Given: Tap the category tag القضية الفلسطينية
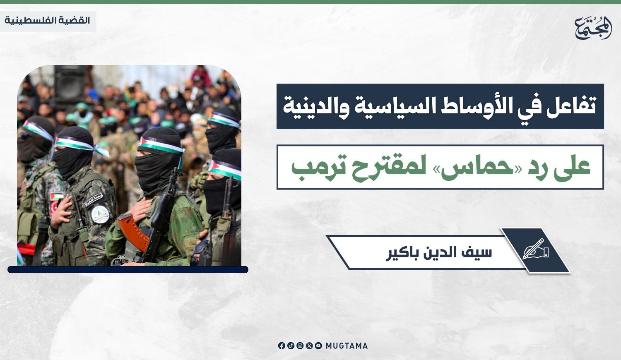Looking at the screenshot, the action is click(48, 21).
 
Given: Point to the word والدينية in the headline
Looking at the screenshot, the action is click(314, 107).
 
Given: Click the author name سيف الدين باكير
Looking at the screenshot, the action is click(439, 253).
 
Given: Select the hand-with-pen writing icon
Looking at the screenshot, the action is click(536, 249).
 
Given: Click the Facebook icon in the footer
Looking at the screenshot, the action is click(282, 346).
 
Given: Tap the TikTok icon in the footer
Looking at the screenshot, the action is click(291, 346).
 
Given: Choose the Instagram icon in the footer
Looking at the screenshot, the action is click(300, 346).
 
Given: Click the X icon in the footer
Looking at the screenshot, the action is click(309, 346).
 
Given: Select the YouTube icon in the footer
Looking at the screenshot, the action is click(318, 346).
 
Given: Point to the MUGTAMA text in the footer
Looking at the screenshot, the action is click(347, 346).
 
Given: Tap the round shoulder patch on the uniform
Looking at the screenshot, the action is click(100, 214).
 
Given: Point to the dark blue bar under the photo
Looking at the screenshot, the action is click(128, 269).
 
